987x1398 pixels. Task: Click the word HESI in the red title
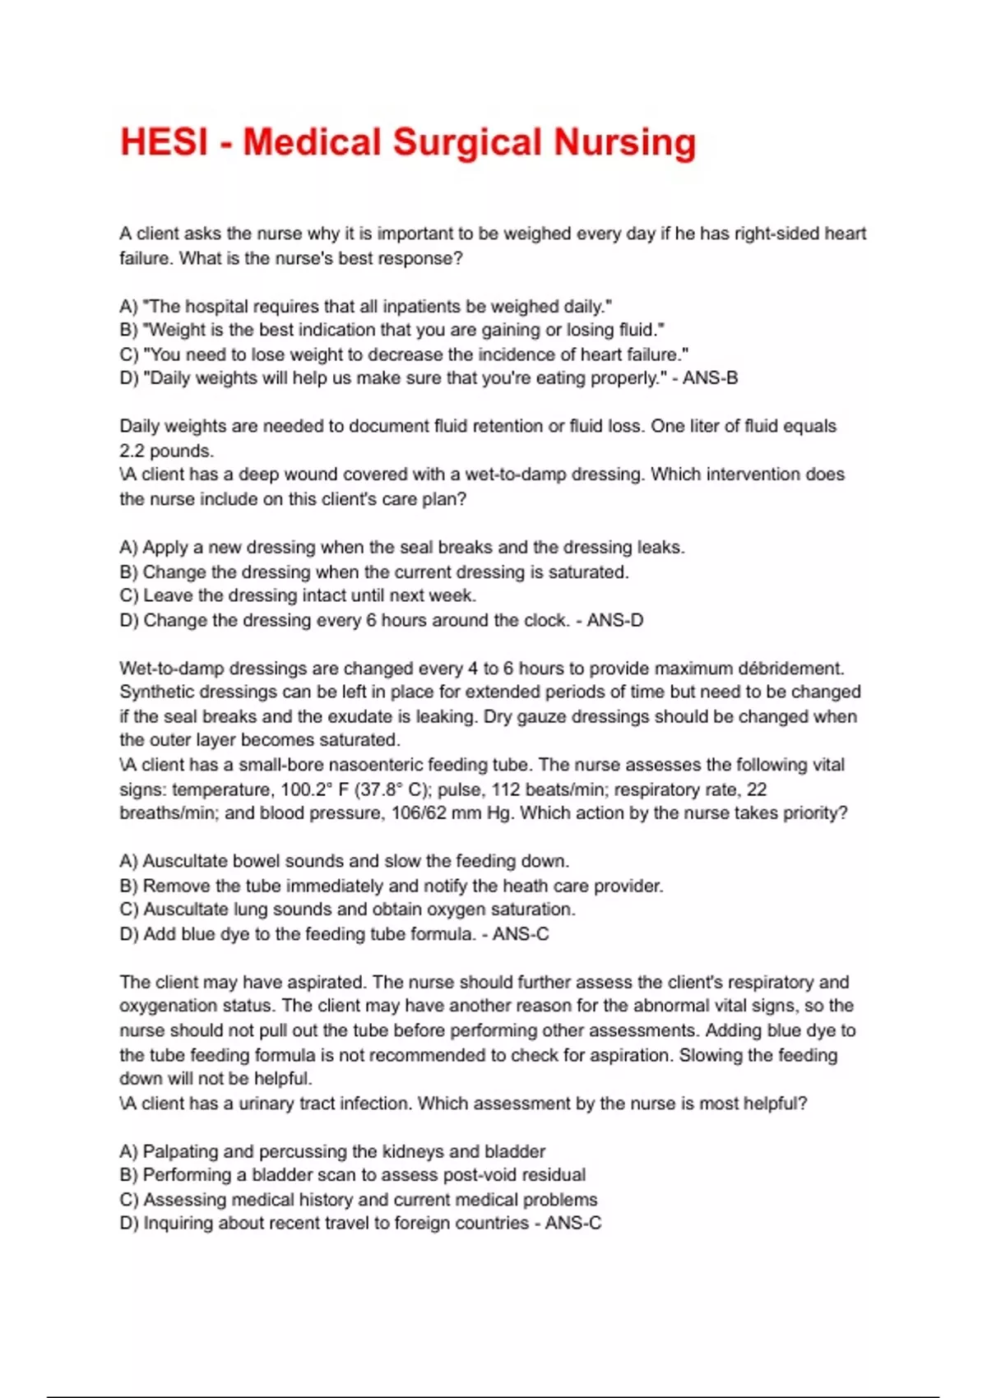pyautogui.click(x=164, y=142)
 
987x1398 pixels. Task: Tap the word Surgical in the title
pyautogui.click(x=466, y=142)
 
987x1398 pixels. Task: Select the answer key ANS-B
pyautogui.click(x=710, y=378)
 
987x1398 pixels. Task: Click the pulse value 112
pyautogui.click(x=505, y=789)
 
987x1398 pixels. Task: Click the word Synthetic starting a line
pyautogui.click(x=159, y=692)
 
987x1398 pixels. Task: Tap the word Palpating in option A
pyautogui.click(x=181, y=1151)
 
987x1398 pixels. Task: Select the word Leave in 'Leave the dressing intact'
pyautogui.click(x=168, y=595)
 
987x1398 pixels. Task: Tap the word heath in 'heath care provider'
pyautogui.click(x=515, y=886)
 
